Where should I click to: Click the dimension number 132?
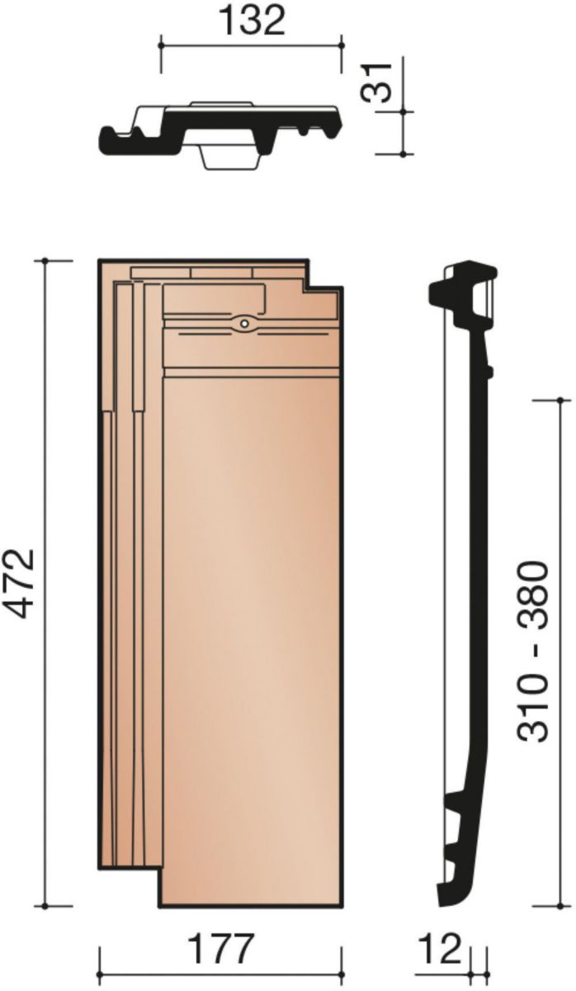[x=253, y=21]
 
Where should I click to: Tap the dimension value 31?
[x=376, y=83]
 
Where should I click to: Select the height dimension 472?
[x=21, y=584]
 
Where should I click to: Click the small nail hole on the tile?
[x=244, y=324]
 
